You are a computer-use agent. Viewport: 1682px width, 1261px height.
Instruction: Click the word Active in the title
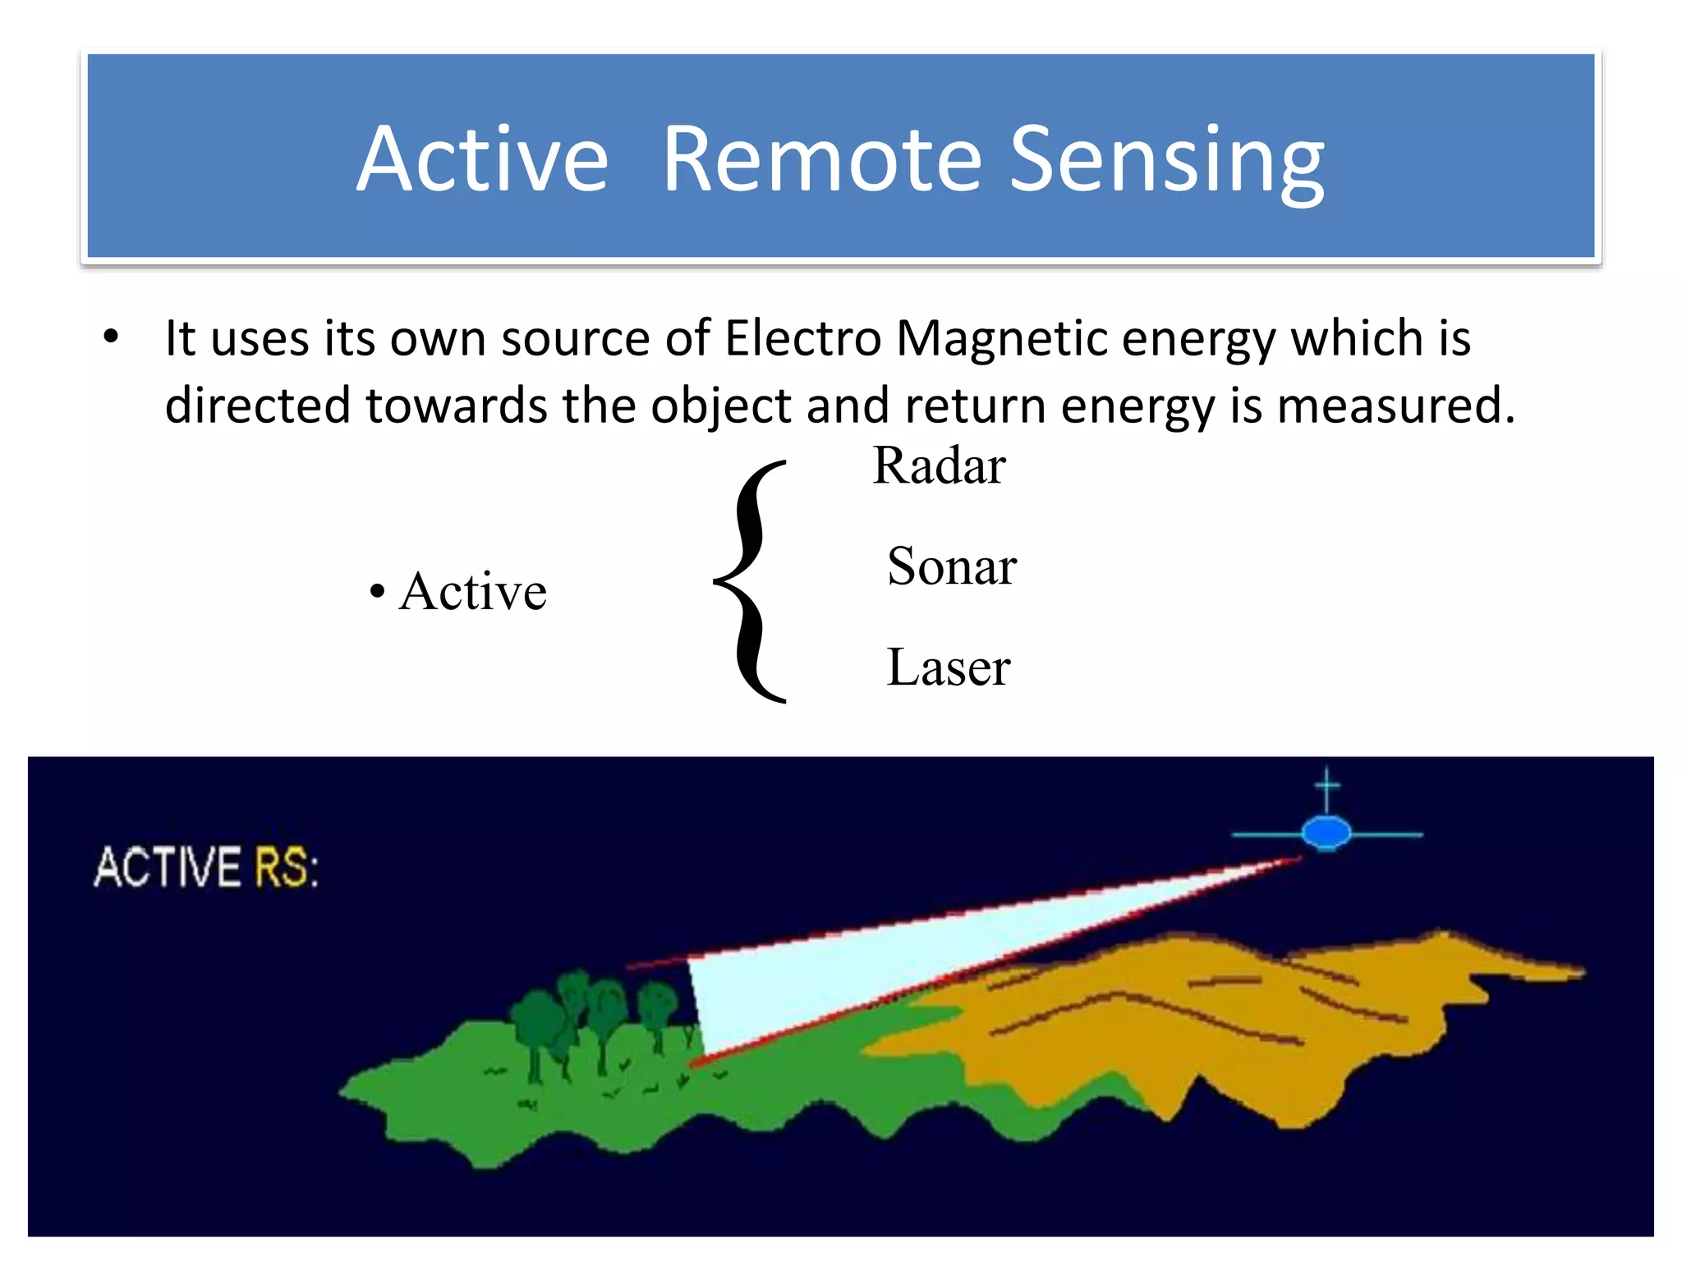[x=483, y=159]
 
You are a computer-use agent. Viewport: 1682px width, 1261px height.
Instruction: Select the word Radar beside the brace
[x=939, y=466]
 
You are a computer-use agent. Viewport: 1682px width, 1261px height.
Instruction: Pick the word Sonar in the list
[x=952, y=566]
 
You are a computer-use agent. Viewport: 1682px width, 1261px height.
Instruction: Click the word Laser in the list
[x=948, y=667]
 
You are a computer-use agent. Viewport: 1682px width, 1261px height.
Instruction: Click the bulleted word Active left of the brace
[x=472, y=591]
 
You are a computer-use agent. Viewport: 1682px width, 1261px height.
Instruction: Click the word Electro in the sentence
[x=802, y=338]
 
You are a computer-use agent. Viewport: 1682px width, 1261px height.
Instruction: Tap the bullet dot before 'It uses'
[x=111, y=337]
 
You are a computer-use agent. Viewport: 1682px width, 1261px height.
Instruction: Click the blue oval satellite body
[x=1326, y=833]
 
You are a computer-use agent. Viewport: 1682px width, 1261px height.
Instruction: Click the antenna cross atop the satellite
[x=1327, y=786]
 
